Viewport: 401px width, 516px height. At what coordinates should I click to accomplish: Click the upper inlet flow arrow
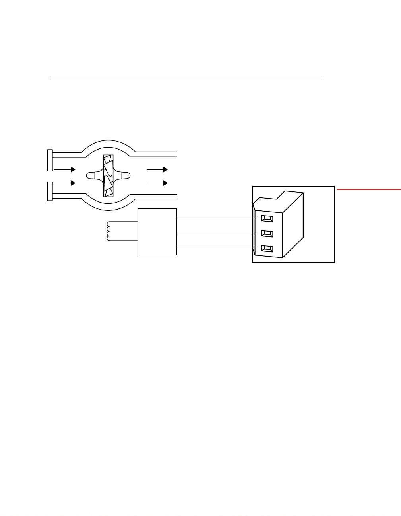coord(64,169)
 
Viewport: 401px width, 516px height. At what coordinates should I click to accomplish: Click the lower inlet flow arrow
coord(64,183)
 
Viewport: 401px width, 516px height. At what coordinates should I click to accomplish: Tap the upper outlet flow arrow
coord(157,169)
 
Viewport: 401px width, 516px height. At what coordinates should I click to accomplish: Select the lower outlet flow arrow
coord(157,183)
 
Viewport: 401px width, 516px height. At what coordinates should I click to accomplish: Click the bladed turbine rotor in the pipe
coord(108,175)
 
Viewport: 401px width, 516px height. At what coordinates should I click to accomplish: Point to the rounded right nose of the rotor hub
coord(124,175)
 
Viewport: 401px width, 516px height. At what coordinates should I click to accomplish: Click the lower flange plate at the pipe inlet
coord(50,191)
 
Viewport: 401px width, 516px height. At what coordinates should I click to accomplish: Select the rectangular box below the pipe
coord(157,232)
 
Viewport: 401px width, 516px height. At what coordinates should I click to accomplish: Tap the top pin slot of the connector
coord(267,218)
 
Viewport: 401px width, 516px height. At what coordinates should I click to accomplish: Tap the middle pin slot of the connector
coord(267,233)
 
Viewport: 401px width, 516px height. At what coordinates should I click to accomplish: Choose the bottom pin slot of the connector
coord(267,249)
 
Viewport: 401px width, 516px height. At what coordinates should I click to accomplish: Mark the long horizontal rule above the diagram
coord(186,78)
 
